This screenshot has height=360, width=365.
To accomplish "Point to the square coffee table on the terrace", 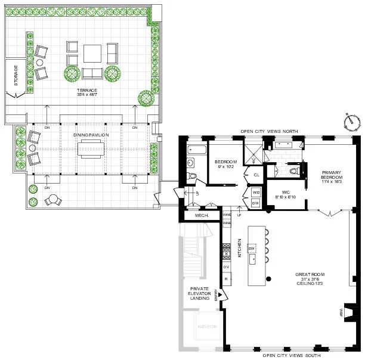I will [92, 54].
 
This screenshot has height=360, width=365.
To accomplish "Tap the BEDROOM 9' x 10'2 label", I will [226, 164].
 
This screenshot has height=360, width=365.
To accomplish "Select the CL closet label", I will [256, 175].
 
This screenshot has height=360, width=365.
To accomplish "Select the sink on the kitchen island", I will [254, 259].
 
